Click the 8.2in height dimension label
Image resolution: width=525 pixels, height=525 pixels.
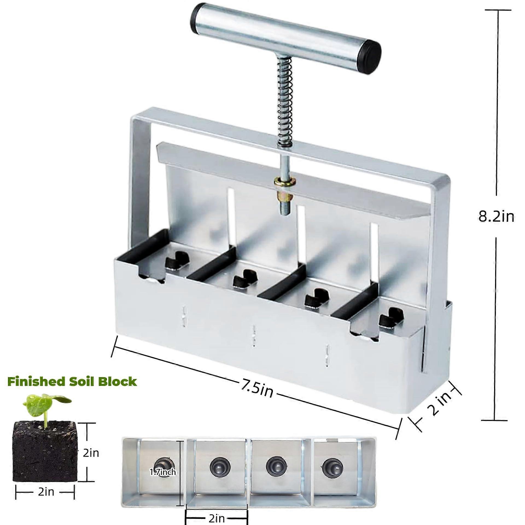(496, 217)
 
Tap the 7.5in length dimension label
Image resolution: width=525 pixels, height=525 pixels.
(257, 389)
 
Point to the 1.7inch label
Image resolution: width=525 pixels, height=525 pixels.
(163, 472)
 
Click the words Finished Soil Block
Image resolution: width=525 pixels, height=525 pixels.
(72, 381)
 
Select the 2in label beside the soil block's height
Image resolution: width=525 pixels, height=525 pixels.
(91, 453)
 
